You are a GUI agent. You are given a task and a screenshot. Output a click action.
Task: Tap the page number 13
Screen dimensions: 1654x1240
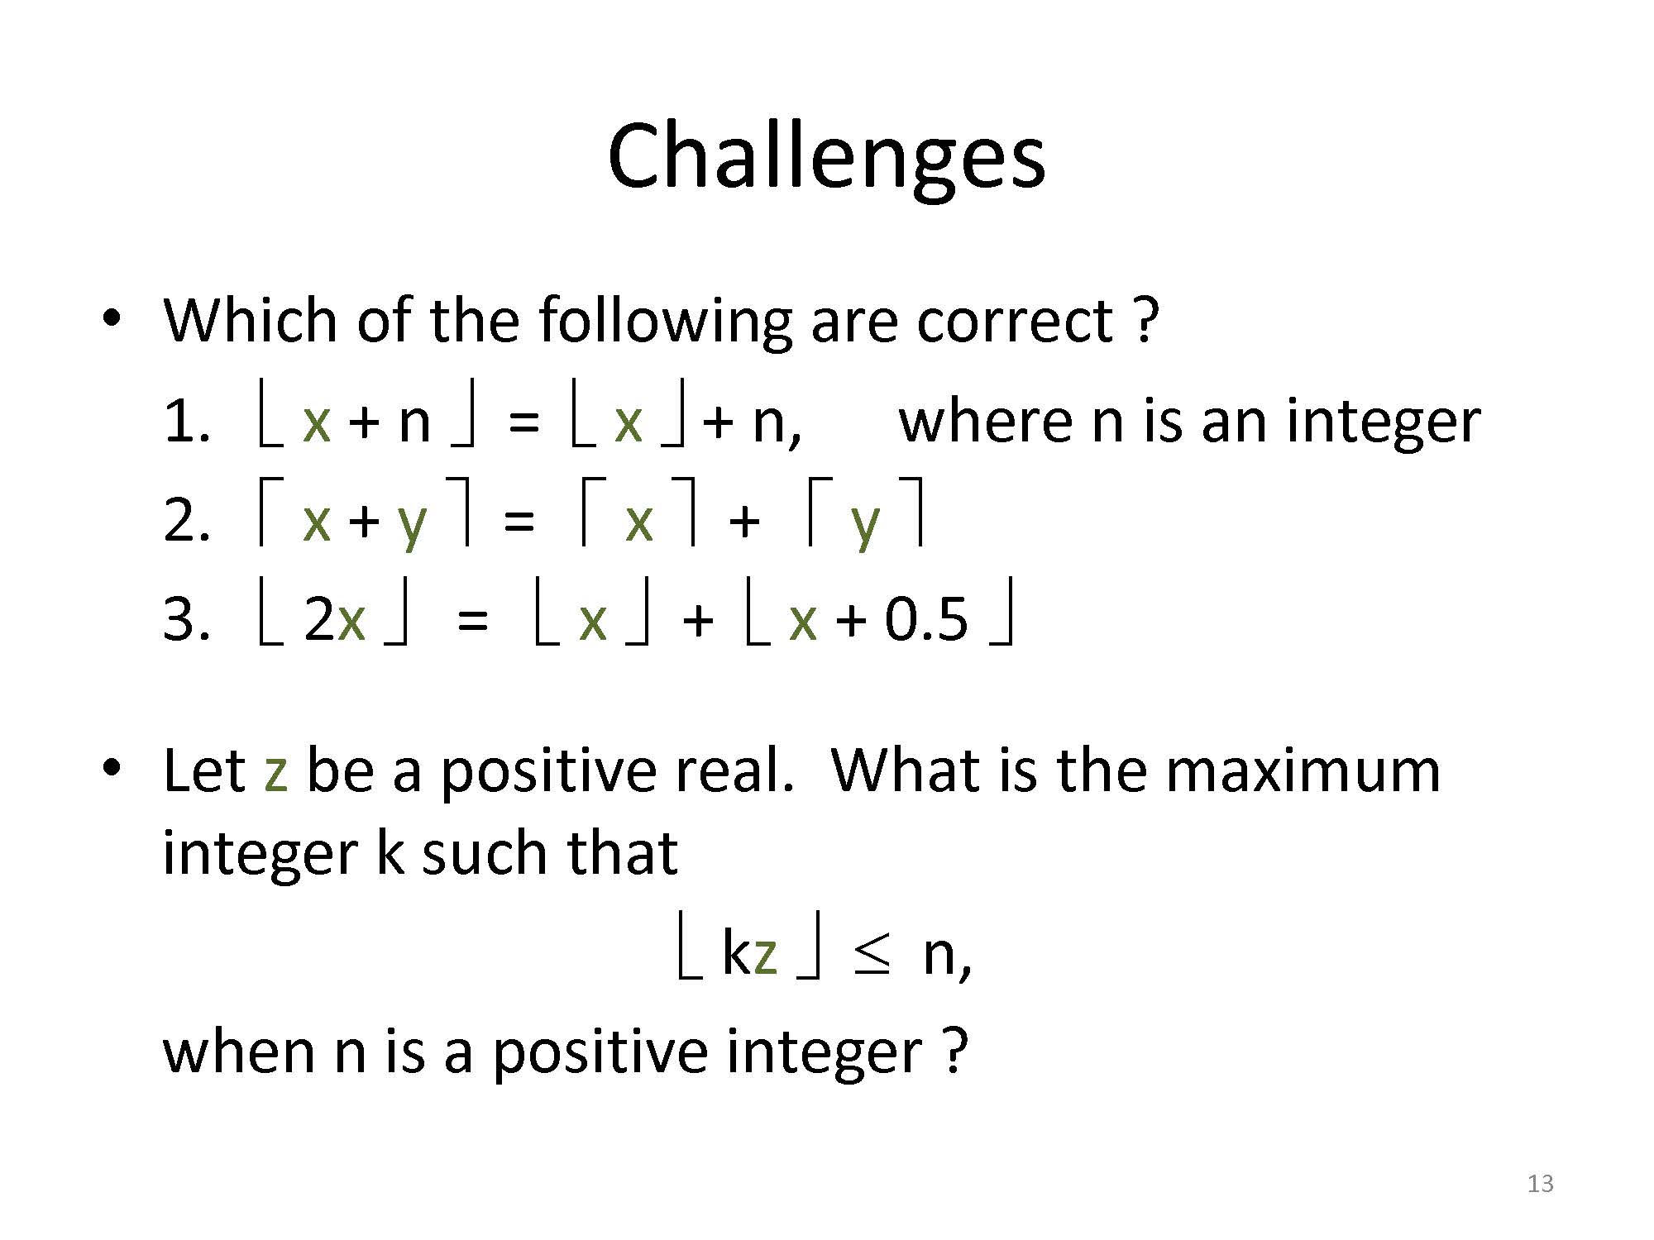(x=1540, y=1184)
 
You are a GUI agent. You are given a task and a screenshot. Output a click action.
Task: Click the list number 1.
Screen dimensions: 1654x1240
(x=186, y=422)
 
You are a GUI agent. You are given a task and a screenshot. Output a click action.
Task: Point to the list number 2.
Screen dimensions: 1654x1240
(x=186, y=522)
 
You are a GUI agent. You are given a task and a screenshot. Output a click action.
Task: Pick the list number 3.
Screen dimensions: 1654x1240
(x=186, y=620)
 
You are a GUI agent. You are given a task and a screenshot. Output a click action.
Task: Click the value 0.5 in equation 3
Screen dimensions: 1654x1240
(x=926, y=620)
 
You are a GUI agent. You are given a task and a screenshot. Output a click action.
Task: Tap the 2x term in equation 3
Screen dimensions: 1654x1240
(x=334, y=620)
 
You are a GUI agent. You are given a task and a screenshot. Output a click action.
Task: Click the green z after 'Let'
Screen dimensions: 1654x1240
(x=276, y=773)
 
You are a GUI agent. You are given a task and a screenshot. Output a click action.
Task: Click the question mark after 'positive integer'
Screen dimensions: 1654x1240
(x=954, y=1052)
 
